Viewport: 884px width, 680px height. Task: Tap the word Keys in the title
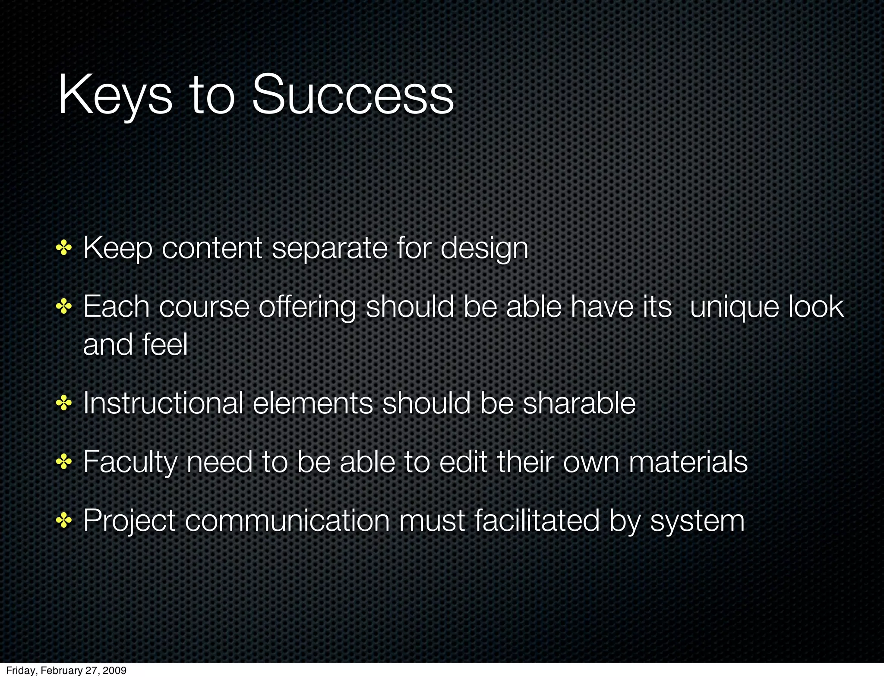(x=115, y=96)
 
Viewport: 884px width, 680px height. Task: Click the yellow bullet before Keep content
(x=63, y=249)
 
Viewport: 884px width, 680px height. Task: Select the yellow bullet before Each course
(x=63, y=307)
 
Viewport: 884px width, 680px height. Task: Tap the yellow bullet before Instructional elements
(x=63, y=404)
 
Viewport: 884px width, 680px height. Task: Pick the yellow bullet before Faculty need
(x=63, y=463)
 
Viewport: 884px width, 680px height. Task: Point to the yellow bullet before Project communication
(x=63, y=521)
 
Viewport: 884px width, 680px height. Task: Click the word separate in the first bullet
(x=330, y=249)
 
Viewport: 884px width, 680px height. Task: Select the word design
(x=484, y=249)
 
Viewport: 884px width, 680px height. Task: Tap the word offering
(x=307, y=308)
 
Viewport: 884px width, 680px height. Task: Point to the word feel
(x=165, y=345)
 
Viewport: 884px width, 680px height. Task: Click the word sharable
(x=579, y=403)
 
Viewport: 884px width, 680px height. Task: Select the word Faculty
(x=130, y=463)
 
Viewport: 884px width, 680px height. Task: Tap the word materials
(x=688, y=462)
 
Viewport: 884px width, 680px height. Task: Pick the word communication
(x=287, y=520)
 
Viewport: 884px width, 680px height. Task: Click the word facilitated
(x=537, y=520)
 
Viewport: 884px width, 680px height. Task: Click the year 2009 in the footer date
(x=116, y=670)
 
